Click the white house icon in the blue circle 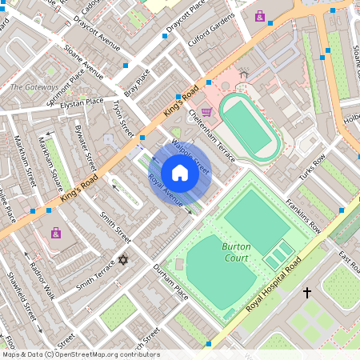pos(180,173)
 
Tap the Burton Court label pos(236,252)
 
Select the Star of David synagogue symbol pos(123,260)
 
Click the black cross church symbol pos(306,294)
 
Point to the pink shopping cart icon pos(206,112)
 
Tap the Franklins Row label pos(304,217)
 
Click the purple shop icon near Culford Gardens pos(259,16)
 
